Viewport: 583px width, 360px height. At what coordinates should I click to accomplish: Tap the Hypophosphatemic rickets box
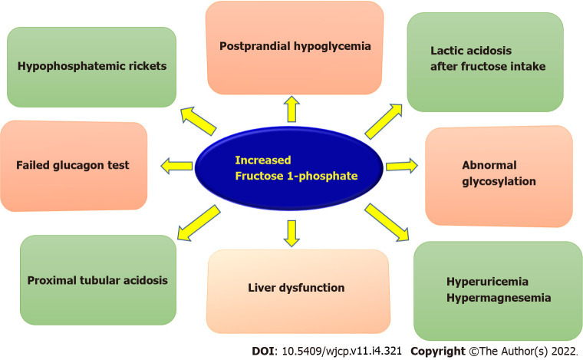(x=91, y=67)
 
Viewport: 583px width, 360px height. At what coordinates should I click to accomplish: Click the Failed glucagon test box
(x=73, y=165)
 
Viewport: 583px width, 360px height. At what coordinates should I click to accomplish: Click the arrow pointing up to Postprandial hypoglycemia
(x=291, y=109)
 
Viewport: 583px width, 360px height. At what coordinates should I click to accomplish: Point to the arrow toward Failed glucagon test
(x=176, y=163)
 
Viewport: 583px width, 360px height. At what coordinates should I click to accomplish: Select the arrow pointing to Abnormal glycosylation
(x=400, y=165)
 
